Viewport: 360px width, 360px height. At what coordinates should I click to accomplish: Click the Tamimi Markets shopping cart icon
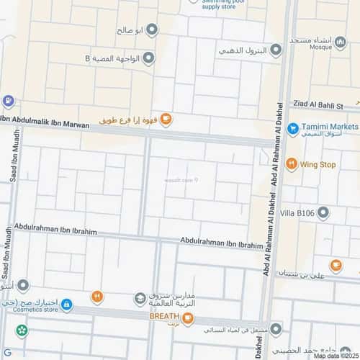point(292,129)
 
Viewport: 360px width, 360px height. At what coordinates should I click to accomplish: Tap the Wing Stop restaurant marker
point(292,164)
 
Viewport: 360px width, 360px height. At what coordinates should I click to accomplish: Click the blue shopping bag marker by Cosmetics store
point(66,305)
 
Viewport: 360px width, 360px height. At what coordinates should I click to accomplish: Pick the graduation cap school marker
point(140,298)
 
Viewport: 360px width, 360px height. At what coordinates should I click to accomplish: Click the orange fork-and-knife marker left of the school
point(96,296)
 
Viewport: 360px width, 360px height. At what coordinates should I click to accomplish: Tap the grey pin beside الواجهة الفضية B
point(149,58)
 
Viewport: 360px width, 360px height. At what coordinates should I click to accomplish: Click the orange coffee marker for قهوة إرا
point(166,120)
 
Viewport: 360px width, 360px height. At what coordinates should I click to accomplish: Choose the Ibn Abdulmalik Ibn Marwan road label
point(45,122)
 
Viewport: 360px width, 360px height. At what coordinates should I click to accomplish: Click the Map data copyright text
point(335,356)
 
